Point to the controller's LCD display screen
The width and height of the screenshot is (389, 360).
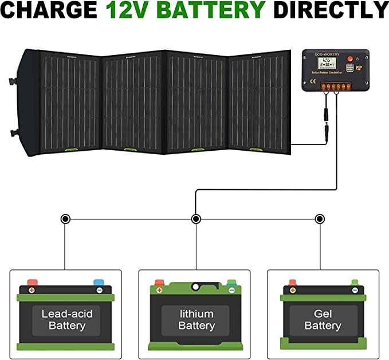tap(328, 62)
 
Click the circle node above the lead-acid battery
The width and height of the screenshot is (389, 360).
tap(65, 218)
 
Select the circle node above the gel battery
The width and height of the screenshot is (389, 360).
tap(320, 218)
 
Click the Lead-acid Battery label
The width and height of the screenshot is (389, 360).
tap(66, 320)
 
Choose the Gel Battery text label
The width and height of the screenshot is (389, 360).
tap(323, 320)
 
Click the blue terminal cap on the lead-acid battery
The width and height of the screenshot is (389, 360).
tap(99, 283)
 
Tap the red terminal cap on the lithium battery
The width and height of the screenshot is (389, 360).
tap(159, 283)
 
